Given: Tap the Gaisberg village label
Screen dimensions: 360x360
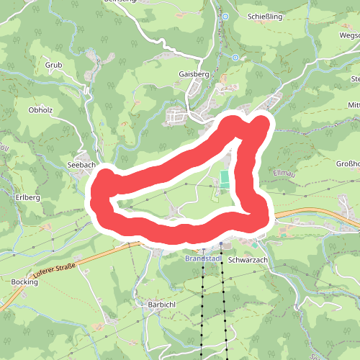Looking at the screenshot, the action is pyautogui.click(x=192, y=73).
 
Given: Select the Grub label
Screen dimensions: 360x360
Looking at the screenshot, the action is pyautogui.click(x=54, y=65).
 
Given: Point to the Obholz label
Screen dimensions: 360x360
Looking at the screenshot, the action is pyautogui.click(x=40, y=110).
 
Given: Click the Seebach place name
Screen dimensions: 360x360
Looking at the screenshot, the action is pyautogui.click(x=81, y=165).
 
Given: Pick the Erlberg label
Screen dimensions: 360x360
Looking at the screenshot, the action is pyautogui.click(x=27, y=197).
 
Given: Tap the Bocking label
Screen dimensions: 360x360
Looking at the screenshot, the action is pyautogui.click(x=24, y=283).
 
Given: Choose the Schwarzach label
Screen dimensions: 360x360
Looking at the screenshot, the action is pyautogui.click(x=247, y=259).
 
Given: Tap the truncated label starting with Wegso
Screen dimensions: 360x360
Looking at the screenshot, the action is pyautogui.click(x=348, y=35).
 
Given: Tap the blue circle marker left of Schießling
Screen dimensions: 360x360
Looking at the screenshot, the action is pyautogui.click(x=225, y=16).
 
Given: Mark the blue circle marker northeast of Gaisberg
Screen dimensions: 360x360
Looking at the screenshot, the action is pyautogui.click(x=235, y=57).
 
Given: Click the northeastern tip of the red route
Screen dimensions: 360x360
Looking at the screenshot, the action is pyautogui.click(x=261, y=125).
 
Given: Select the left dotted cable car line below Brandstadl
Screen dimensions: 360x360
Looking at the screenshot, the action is pyautogui.click(x=203, y=310).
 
